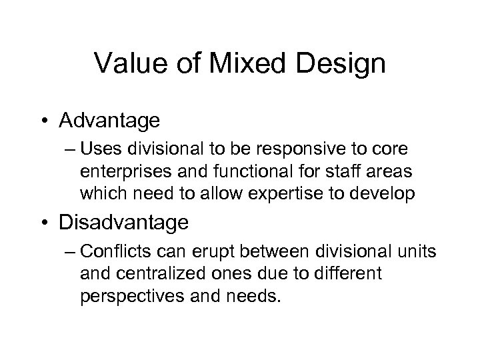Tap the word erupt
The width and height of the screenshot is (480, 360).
[223, 254]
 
